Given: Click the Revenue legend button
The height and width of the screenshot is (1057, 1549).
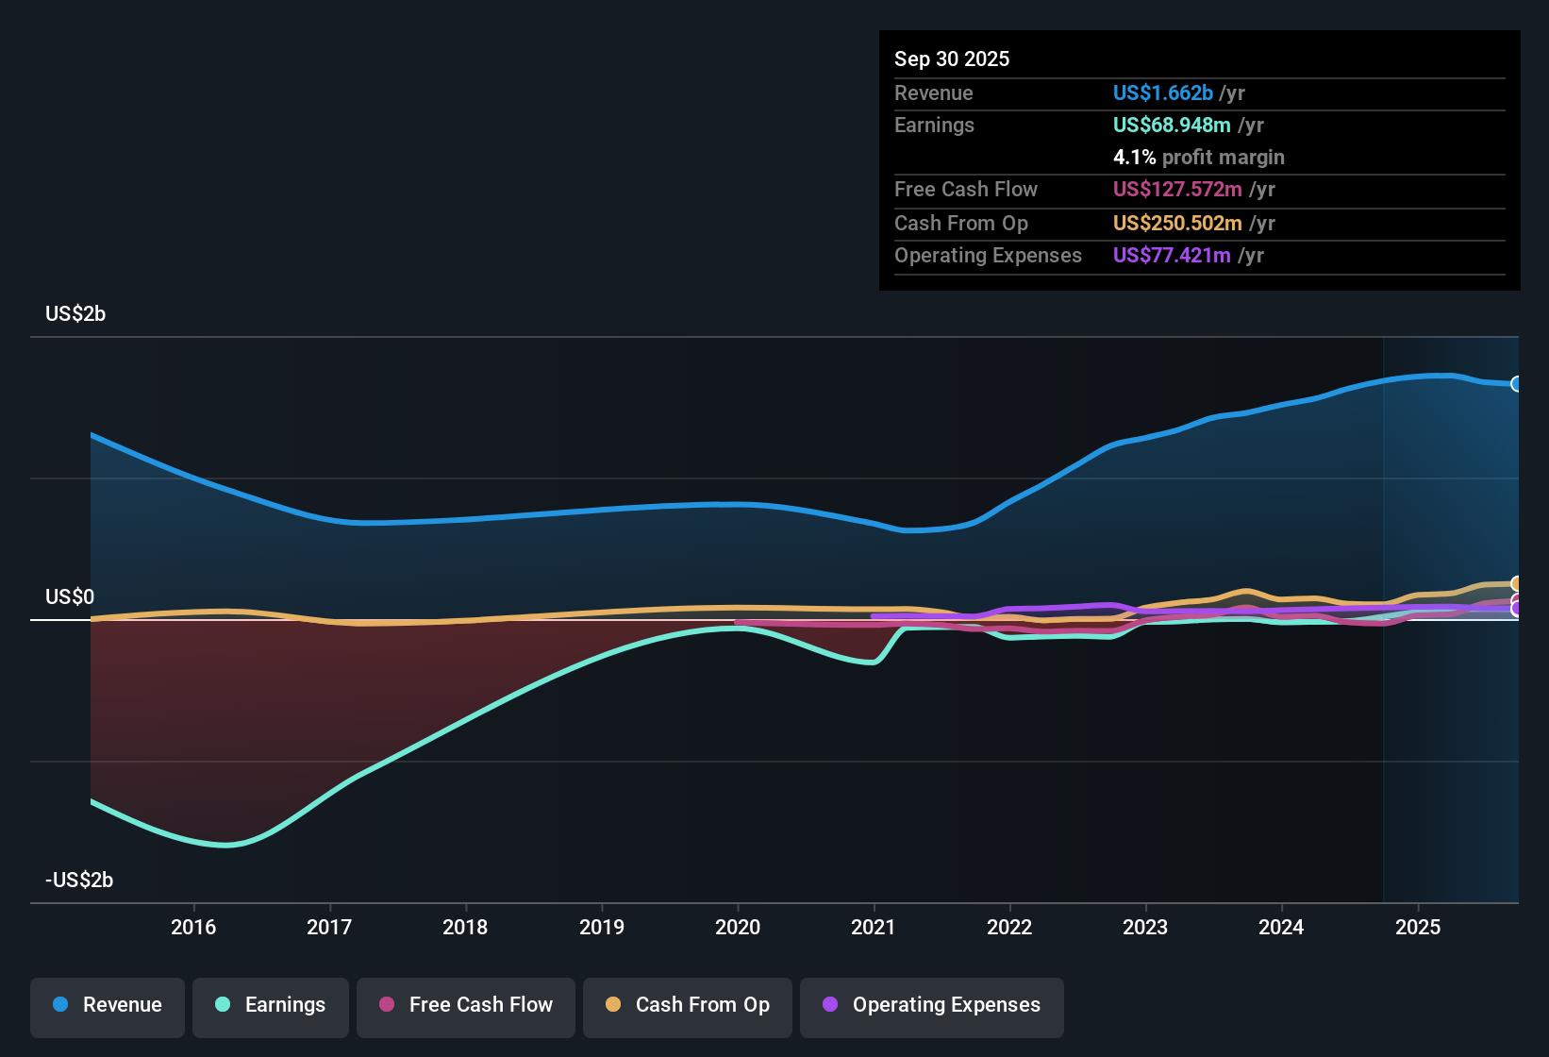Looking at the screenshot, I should (108, 1006).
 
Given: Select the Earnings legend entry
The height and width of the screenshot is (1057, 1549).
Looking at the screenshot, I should (271, 1006).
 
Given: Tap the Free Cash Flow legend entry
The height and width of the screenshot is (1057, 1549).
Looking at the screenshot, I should (466, 1006).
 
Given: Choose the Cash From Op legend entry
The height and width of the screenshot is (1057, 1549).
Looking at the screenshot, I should (688, 1006).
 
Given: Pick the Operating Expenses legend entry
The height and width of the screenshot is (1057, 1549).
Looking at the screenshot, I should (932, 1006).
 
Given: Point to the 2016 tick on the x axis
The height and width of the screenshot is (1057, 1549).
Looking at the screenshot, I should (193, 927).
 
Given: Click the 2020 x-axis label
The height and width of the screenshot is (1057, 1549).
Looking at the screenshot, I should (738, 927).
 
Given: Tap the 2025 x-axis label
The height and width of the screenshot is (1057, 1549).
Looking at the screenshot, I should (1418, 927).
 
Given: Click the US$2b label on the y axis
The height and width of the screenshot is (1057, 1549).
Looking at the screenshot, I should (75, 314).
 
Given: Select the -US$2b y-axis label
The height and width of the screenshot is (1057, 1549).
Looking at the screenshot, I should (79, 881).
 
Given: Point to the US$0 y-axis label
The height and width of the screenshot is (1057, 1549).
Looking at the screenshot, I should (70, 597).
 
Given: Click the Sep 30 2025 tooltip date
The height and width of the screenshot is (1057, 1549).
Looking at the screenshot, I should (952, 59).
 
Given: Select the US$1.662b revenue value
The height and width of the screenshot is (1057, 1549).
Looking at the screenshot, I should (1162, 93).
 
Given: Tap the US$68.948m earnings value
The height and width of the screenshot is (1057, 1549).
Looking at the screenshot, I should (1171, 126).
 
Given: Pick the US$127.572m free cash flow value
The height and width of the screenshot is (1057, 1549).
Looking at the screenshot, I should (1176, 190).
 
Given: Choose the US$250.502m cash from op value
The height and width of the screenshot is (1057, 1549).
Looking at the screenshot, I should (1176, 224).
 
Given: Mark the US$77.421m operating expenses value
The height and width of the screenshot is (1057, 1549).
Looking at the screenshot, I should (1171, 256).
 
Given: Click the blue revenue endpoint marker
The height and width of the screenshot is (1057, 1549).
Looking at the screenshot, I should (1517, 384).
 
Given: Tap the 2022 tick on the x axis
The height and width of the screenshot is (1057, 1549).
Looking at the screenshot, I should (1009, 927).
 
